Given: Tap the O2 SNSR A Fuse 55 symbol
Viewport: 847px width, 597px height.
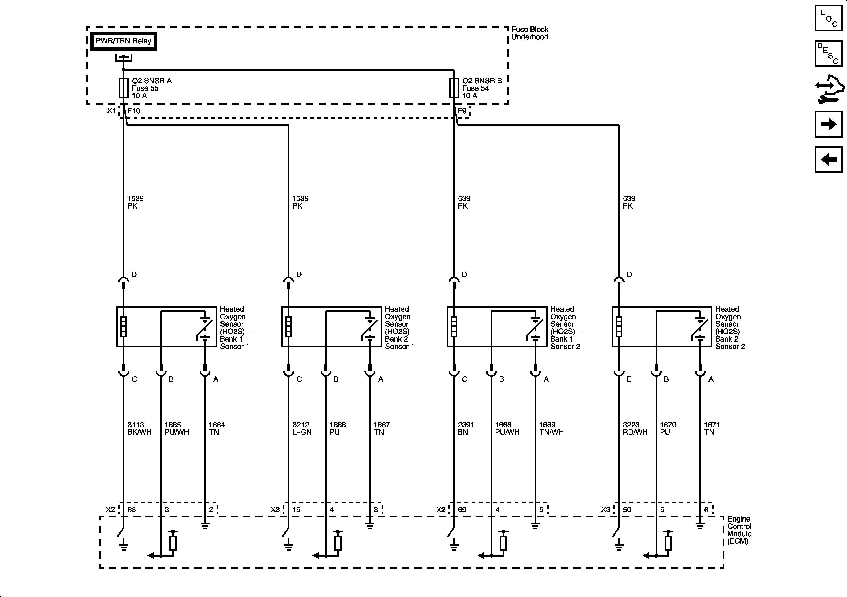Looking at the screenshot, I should (x=124, y=88).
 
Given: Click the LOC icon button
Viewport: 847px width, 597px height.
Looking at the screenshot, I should (x=829, y=18).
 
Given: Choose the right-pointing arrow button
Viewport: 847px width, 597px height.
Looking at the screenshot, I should (x=829, y=124).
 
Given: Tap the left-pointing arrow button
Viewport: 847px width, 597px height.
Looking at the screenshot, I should (x=829, y=159).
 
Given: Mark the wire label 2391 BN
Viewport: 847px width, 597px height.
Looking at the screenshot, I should (x=466, y=428).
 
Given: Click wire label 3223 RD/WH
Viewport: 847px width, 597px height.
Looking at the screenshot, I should (x=635, y=428).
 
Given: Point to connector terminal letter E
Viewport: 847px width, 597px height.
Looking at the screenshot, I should (x=629, y=379).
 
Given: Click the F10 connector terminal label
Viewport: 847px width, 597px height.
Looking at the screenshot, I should (x=134, y=111).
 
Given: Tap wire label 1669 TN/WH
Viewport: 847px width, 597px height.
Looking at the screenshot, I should (x=551, y=428).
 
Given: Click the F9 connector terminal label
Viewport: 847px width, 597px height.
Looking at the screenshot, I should (x=462, y=111).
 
